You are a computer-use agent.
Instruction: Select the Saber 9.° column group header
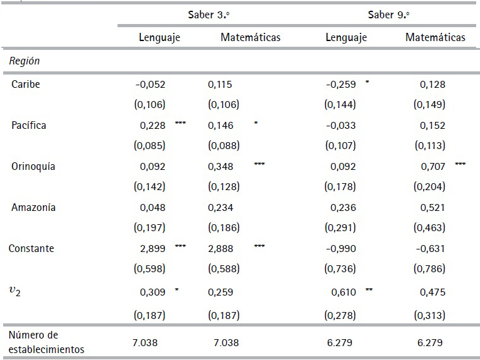390,15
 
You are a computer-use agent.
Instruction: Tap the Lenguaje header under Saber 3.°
160,37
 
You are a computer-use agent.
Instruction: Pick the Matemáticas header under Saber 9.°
435,37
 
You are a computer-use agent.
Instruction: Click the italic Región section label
24,62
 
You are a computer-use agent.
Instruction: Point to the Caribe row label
25,84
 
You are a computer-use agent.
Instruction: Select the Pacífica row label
28,125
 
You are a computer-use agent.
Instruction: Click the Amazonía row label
32,208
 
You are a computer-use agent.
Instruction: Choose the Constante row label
31,249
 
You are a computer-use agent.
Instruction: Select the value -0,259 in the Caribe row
340,84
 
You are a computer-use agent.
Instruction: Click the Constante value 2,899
152,249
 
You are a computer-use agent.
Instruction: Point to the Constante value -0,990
340,249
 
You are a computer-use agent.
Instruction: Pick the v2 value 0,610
344,292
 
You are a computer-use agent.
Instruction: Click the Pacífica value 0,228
152,125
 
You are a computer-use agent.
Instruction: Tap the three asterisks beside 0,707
460,165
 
